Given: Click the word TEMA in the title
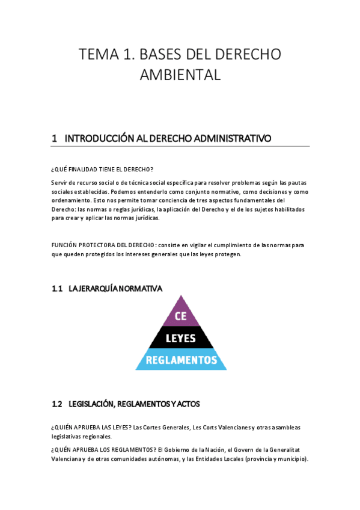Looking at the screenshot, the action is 99,55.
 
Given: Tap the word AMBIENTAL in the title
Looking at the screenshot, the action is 180,75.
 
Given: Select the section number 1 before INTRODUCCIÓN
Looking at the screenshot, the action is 55,138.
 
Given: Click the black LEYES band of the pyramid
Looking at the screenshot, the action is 181,338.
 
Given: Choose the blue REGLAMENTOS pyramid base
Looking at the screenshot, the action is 181,360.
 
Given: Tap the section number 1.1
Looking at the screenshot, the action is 58,289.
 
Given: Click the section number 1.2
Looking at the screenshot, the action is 58,404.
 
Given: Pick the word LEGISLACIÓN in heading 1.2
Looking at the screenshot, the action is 94,404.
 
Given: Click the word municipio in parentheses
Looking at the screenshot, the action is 289,459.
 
